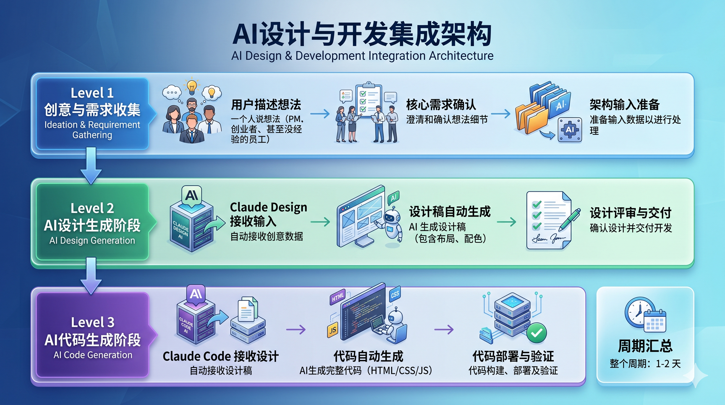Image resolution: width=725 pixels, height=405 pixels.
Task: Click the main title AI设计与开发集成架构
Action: point(362,34)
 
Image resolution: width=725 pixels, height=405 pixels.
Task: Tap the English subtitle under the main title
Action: point(362,56)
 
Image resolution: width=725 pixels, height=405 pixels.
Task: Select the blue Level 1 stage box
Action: point(92,114)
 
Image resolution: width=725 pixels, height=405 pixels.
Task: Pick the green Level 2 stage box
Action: point(92,222)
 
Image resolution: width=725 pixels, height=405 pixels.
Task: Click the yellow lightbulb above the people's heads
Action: point(192,86)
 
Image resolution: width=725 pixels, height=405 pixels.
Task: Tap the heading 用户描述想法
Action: point(266,105)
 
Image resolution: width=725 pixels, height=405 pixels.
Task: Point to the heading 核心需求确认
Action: point(441,105)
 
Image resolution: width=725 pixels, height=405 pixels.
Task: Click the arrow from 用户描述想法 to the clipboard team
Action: point(320,114)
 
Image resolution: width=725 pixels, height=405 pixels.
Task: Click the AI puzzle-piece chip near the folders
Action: point(570,130)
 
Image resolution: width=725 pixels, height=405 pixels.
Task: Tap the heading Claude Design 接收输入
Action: point(268,214)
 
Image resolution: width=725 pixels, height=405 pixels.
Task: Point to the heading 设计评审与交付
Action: point(630,213)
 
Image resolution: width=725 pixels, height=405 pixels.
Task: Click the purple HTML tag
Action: point(338,297)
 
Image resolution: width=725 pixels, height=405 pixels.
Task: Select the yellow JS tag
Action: point(332,330)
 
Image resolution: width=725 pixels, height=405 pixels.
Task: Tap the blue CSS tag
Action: point(395,294)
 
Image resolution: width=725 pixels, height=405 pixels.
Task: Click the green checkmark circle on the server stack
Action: point(536,332)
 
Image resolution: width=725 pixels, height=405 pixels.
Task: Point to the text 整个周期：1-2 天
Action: point(645,364)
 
